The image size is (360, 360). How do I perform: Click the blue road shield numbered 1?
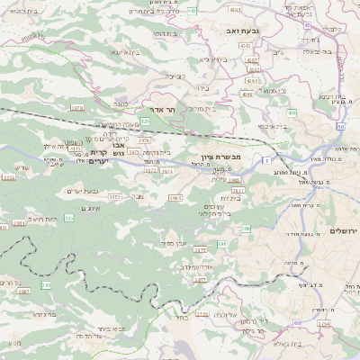pos(267,159)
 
